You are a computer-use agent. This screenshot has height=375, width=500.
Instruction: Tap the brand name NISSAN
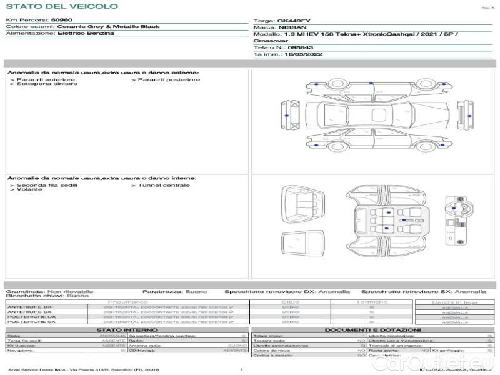point(292,27)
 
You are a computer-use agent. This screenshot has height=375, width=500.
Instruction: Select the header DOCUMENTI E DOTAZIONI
point(372,330)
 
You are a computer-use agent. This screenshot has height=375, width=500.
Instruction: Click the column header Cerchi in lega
point(454,302)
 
